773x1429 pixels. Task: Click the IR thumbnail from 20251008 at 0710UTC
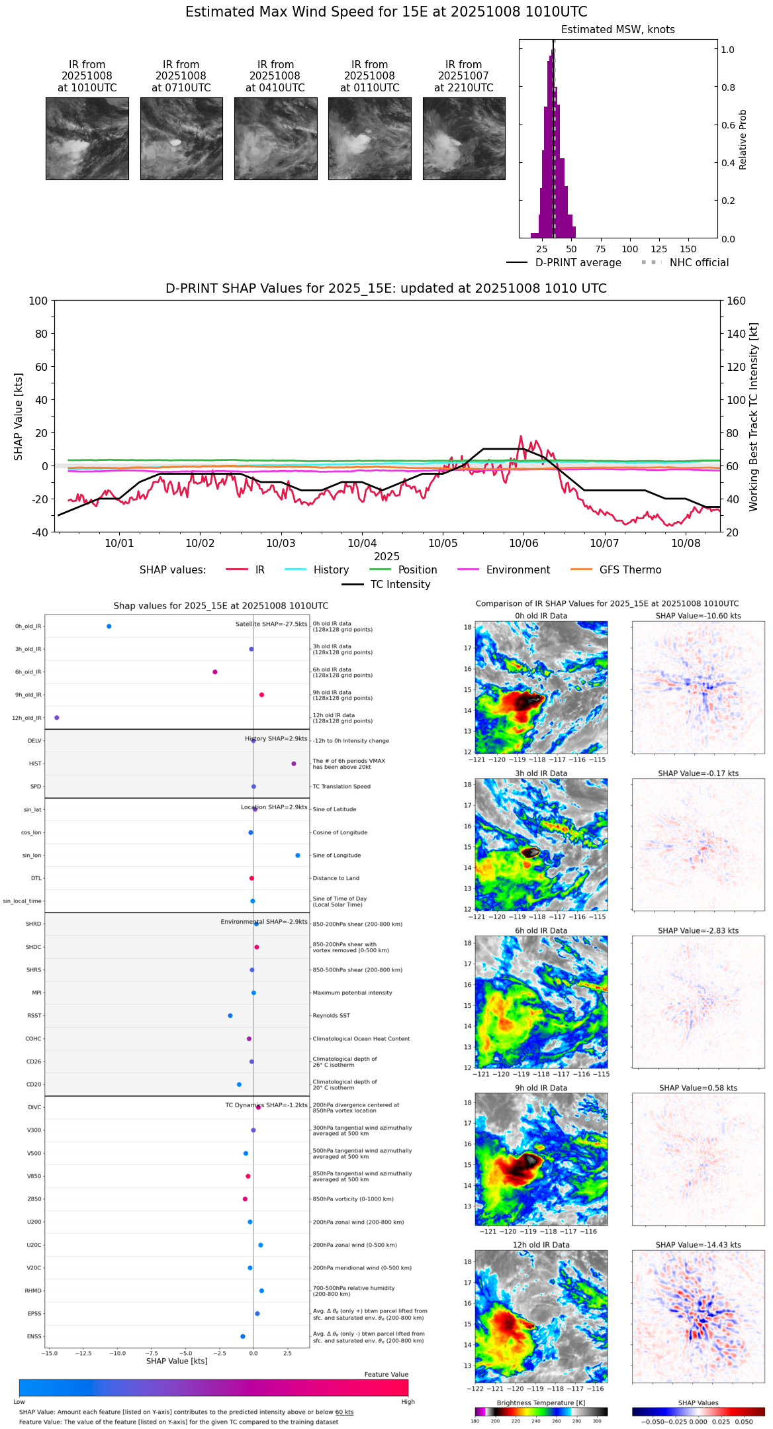(x=181, y=138)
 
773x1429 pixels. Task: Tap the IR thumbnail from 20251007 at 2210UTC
(x=464, y=138)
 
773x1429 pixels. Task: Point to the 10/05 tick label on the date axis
(x=443, y=544)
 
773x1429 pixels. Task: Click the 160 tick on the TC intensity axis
(x=736, y=301)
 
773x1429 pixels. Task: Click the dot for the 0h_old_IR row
(x=109, y=626)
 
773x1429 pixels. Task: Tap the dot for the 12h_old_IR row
(x=57, y=718)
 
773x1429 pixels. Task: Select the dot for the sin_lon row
(x=298, y=856)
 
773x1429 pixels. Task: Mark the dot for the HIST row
(x=294, y=764)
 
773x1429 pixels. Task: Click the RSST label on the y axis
(x=34, y=1016)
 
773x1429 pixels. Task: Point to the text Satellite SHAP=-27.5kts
(x=271, y=624)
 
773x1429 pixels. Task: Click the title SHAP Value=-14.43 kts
(x=698, y=1245)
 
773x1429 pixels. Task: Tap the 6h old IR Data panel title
(x=541, y=930)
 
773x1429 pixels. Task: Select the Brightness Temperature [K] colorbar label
(x=541, y=1403)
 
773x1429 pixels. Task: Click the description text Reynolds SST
(x=332, y=1016)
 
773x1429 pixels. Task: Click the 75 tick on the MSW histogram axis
(x=600, y=249)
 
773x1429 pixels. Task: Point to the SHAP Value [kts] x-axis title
(x=177, y=1361)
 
